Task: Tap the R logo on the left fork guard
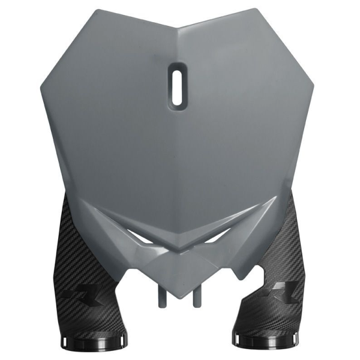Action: pyautogui.click(x=76, y=296)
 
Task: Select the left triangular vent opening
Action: pyautogui.click(x=145, y=238)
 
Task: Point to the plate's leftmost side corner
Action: pyautogui.click(x=41, y=90)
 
